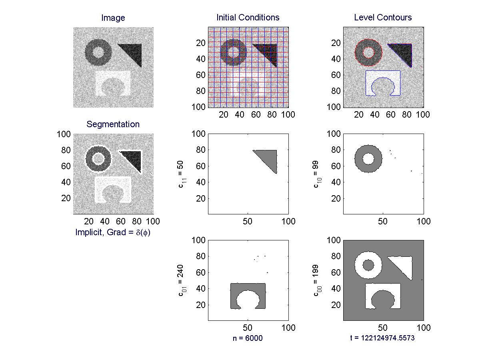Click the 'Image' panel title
(113, 18)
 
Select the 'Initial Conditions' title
(248, 18)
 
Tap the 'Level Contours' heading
(383, 18)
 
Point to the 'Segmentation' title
(113, 124)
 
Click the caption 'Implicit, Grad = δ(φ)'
(113, 232)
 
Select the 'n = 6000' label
(248, 338)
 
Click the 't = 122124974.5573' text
(382, 338)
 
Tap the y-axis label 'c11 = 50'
(182, 174)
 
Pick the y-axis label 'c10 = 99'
(317, 174)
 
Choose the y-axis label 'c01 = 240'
(182, 280)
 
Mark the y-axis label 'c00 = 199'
(317, 280)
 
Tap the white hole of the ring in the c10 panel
(368, 159)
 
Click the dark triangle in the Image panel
(134, 52)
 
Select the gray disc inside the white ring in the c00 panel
(368, 265)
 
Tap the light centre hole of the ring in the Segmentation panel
(98, 159)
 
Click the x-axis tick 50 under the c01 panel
(248, 328)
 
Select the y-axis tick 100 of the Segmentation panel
(64, 134)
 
